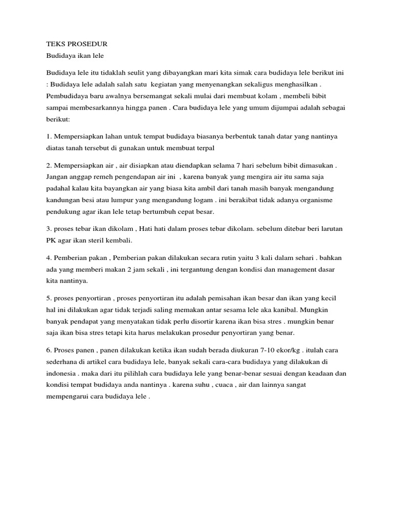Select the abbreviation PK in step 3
pos(51,240)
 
